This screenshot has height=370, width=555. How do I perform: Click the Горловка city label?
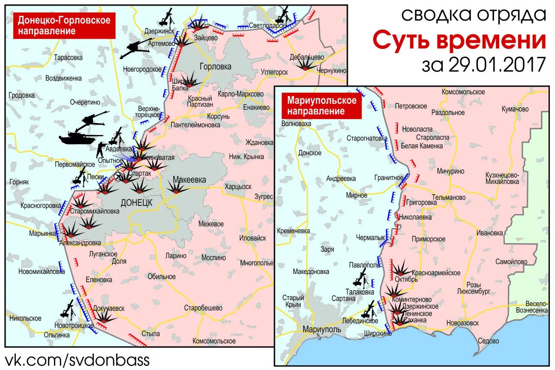215,66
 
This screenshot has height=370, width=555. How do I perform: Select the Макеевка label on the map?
189,180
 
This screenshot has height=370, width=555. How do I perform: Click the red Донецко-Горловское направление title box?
64,25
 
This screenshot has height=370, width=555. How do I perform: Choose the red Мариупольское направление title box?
322,106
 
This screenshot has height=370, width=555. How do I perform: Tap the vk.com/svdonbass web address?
77,359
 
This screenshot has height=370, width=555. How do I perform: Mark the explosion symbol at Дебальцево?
306,65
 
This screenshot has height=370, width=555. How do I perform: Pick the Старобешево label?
203,308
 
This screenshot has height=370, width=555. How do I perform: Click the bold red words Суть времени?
459,41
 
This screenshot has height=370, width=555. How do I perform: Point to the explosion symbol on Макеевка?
176,187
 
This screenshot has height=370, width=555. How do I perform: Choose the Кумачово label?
515,109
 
